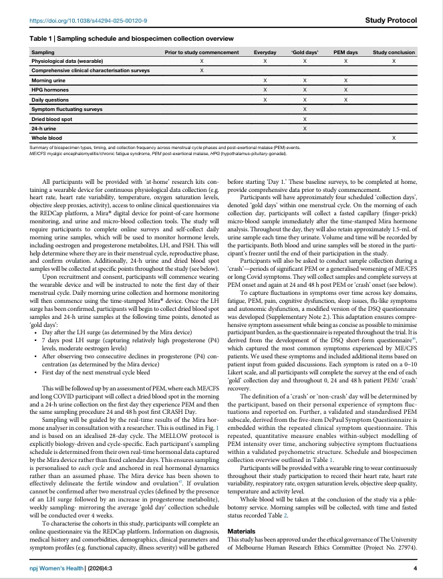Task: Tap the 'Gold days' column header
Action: click(x=305, y=51)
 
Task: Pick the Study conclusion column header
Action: click(x=394, y=51)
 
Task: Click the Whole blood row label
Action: click(x=47, y=137)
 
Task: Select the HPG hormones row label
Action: click(x=49, y=89)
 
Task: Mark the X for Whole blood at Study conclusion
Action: click(x=394, y=137)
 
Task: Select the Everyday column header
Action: click(x=265, y=51)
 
